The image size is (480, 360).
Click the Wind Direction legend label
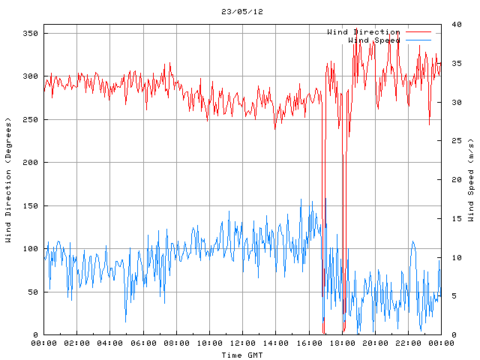tap(364, 31)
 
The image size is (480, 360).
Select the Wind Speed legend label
tap(374, 40)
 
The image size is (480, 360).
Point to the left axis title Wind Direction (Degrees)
tap(8, 180)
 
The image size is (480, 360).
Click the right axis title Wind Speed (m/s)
tap(471, 180)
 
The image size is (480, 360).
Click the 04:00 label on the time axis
tap(110, 343)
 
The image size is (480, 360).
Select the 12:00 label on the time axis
tap(242, 343)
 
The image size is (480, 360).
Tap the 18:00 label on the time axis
tap(341, 343)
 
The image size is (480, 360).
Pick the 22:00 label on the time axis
tap(407, 343)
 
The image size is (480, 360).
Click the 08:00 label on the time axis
tap(176, 343)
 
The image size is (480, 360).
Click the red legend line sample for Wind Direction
tap(419, 32)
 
